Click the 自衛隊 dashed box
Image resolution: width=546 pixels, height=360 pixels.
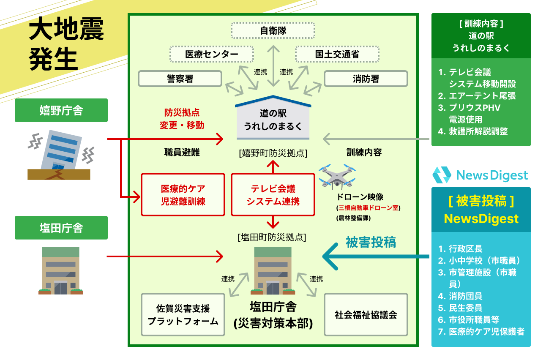273,31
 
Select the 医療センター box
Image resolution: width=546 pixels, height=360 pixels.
212,54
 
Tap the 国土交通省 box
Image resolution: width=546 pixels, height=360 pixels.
337,54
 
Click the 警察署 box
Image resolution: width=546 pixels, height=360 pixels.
180,79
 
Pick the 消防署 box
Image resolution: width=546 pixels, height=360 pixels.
366,79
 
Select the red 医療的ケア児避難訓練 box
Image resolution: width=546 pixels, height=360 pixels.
183,195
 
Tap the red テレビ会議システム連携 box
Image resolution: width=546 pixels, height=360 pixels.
273,195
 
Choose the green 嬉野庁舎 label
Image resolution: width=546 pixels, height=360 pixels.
61,110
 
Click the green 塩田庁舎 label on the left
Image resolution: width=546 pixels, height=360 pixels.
61,228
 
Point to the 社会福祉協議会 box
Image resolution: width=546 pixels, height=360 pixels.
366,315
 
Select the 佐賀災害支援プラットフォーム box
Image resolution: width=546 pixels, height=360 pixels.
183,315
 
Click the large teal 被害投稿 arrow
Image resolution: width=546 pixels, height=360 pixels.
372,256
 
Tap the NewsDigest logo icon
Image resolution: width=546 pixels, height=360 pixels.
442,175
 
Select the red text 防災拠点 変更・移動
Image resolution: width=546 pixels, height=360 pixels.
182,119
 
